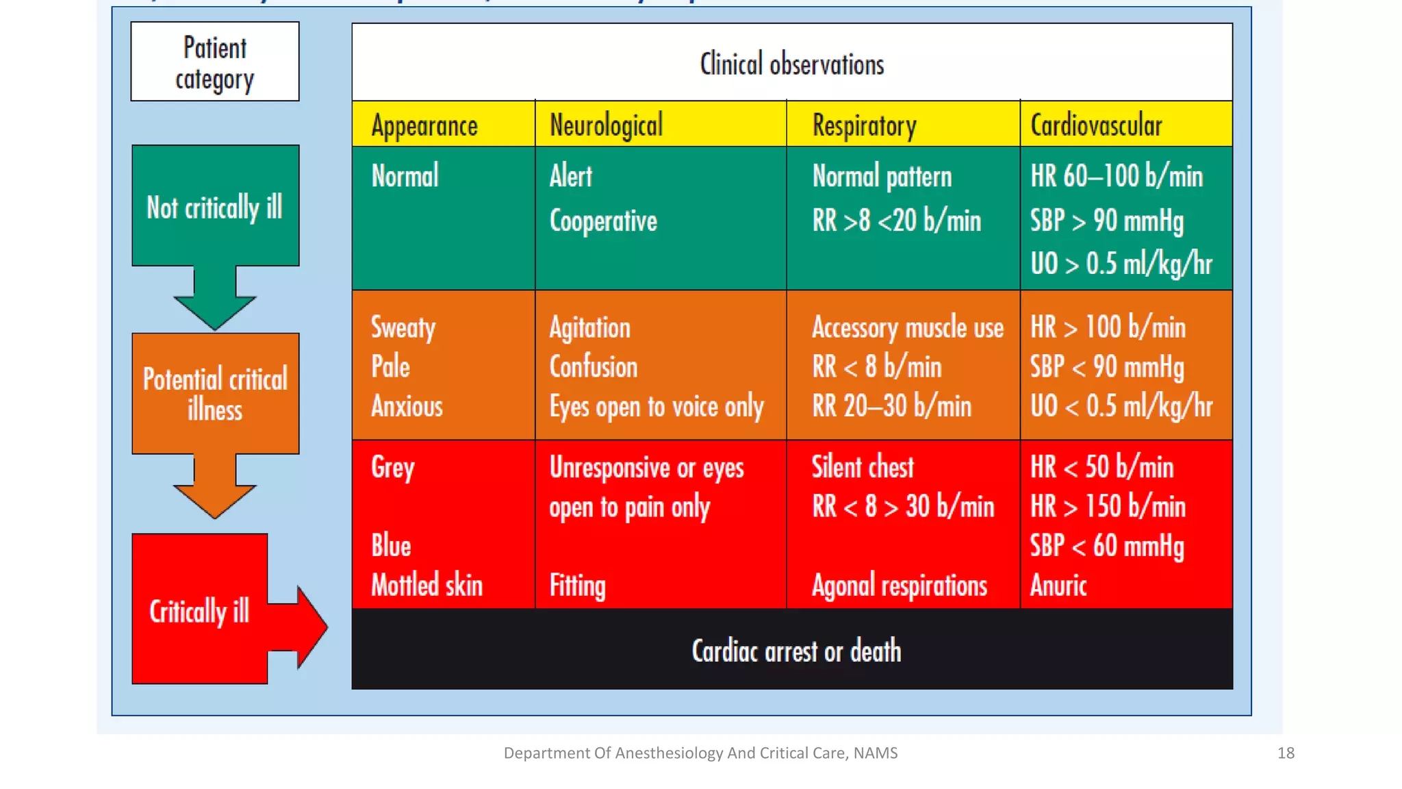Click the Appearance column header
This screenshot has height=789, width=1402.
tap(424, 125)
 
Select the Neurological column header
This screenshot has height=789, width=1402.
tap(606, 125)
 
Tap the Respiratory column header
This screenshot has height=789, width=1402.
tap(864, 125)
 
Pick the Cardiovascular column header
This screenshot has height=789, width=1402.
tap(1096, 125)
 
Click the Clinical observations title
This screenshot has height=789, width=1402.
tap(791, 64)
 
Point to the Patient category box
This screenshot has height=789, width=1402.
tap(215, 62)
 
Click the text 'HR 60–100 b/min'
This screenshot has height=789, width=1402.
tap(1116, 176)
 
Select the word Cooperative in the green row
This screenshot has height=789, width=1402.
tap(603, 221)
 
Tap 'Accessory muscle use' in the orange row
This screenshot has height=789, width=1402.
tap(907, 327)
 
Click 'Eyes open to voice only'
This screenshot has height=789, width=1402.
tap(656, 407)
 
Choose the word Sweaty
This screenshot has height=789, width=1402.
tap(403, 327)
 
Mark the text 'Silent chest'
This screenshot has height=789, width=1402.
tap(863, 467)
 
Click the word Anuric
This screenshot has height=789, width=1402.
tap(1058, 586)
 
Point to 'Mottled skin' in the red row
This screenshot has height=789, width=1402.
tap(426, 586)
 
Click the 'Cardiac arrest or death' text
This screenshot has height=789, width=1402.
tap(795, 651)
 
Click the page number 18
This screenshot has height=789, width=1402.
tap(1286, 753)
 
